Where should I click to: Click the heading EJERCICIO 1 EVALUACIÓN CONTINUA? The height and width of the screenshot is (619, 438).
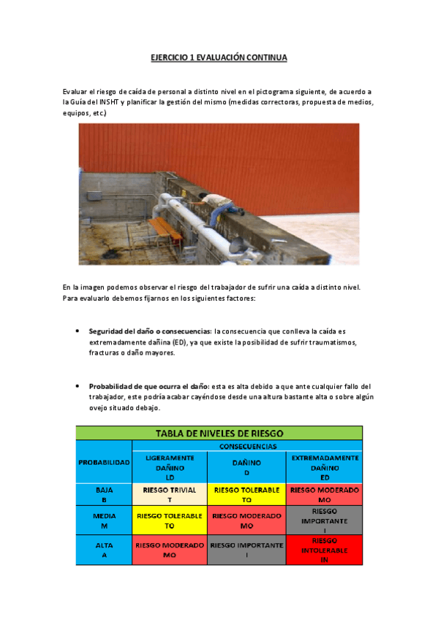219,57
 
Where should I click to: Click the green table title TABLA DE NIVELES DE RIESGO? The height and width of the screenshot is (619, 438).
219,433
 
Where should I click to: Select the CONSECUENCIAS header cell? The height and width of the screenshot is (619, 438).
247,445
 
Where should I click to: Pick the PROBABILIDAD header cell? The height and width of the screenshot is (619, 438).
104,461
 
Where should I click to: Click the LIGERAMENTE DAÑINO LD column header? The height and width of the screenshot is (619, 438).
170,467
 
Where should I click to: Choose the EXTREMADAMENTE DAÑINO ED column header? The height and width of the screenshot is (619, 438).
325,467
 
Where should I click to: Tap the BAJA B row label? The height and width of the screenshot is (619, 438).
104,496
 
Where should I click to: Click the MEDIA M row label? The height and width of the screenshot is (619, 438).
104,520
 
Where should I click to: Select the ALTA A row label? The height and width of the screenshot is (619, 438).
104,550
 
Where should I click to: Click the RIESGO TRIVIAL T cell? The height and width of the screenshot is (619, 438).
170,496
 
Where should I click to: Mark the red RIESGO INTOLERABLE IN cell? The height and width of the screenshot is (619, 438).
325,550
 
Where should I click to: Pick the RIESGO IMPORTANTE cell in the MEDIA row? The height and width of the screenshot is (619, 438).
325,520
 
